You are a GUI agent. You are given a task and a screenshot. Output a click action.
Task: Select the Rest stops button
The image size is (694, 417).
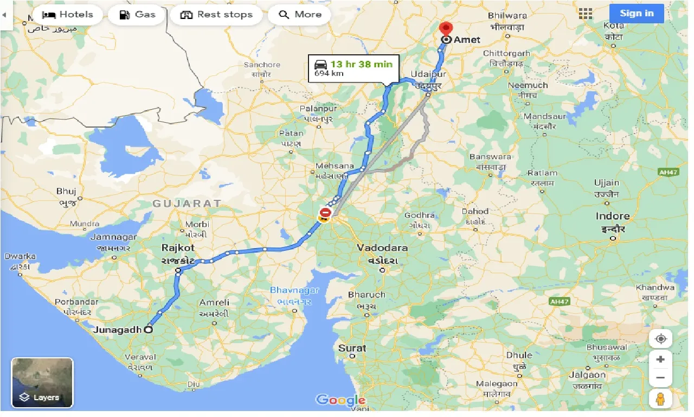click(216, 15)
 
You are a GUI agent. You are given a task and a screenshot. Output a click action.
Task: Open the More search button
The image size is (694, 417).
click(300, 15)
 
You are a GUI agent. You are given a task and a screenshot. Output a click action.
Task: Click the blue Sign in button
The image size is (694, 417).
click(637, 14)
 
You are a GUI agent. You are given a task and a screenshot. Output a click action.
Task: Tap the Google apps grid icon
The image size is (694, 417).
click(586, 14)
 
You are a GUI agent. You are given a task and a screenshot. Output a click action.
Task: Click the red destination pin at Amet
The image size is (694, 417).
click(446, 28)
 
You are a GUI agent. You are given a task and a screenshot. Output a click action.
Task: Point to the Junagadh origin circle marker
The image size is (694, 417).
click(147, 329)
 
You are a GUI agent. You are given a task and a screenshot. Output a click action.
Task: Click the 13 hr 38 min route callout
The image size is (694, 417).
click(354, 68)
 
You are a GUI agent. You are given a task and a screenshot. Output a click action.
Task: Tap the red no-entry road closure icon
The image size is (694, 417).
click(325, 212)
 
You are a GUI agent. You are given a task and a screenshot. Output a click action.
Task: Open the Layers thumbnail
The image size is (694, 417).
click(42, 383)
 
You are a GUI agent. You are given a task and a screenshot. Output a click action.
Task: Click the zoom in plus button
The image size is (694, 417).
click(660, 359)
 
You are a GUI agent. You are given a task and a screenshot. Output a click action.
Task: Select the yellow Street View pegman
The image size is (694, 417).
click(660, 399)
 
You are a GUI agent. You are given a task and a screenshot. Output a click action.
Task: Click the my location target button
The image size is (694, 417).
click(660, 339)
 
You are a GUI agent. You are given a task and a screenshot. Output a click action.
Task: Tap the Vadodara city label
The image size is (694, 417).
click(382, 248)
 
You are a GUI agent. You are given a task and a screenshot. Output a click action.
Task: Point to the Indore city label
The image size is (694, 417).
click(613, 216)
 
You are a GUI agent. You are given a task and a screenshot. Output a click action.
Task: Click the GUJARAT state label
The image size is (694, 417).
click(187, 204)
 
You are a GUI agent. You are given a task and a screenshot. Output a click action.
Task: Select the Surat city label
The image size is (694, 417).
click(352, 348)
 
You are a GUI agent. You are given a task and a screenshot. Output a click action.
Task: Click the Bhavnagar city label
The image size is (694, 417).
click(294, 290)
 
